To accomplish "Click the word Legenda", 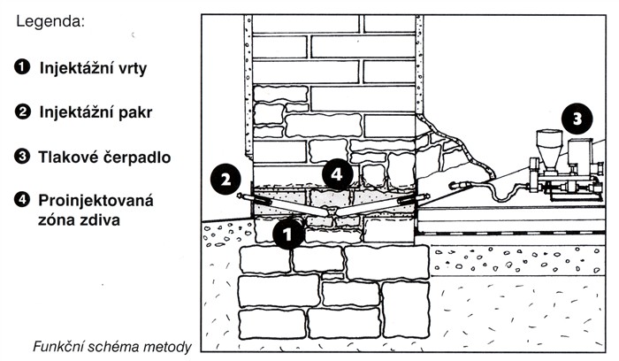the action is (50, 22).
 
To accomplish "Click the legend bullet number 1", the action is (22, 66).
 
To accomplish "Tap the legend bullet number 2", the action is (22, 111).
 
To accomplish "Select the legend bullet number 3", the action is (22, 157).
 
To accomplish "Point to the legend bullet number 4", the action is (22, 199).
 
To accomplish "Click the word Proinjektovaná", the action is (96, 201).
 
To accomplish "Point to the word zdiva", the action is (100, 219).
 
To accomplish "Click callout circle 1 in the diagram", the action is (288, 234).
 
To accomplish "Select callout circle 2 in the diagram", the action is (225, 180).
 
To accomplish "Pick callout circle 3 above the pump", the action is (577, 119).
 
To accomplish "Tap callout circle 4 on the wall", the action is (337, 174).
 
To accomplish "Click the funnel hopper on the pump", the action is (549, 149).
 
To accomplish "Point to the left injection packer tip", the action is (240, 196).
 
